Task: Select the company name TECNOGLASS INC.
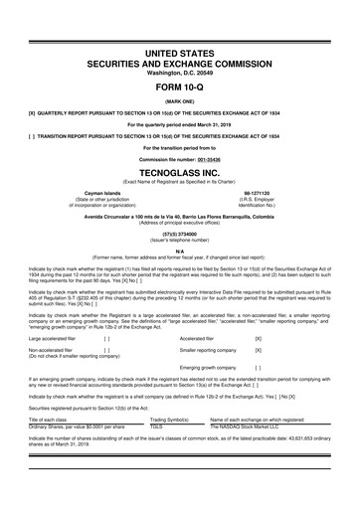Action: pyautogui.click(x=180, y=169)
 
